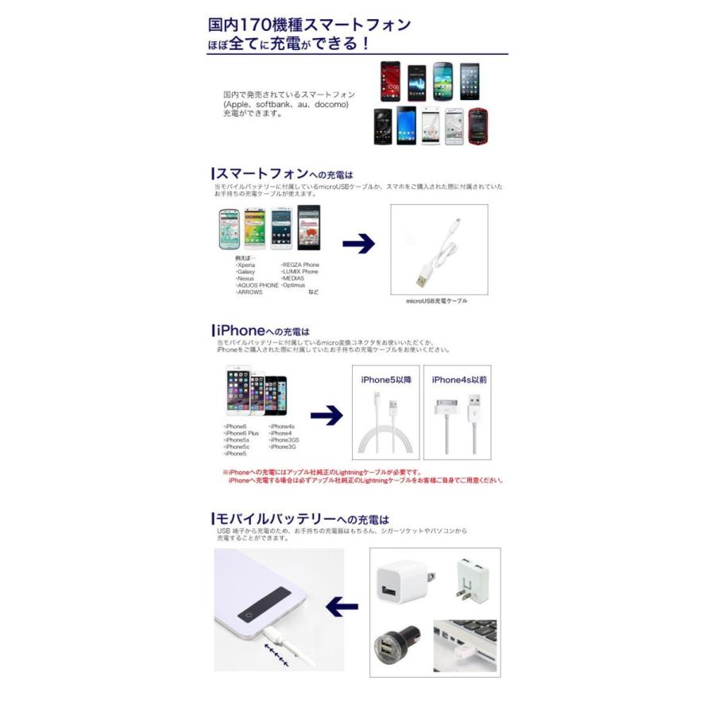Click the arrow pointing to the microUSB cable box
358,245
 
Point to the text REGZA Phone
300,265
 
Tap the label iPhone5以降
386,380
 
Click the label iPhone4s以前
459,380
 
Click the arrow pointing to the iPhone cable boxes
326,415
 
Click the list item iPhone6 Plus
242,433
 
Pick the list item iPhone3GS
284,439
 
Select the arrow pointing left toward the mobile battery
342,608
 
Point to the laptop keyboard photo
466,645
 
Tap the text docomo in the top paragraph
330,104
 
